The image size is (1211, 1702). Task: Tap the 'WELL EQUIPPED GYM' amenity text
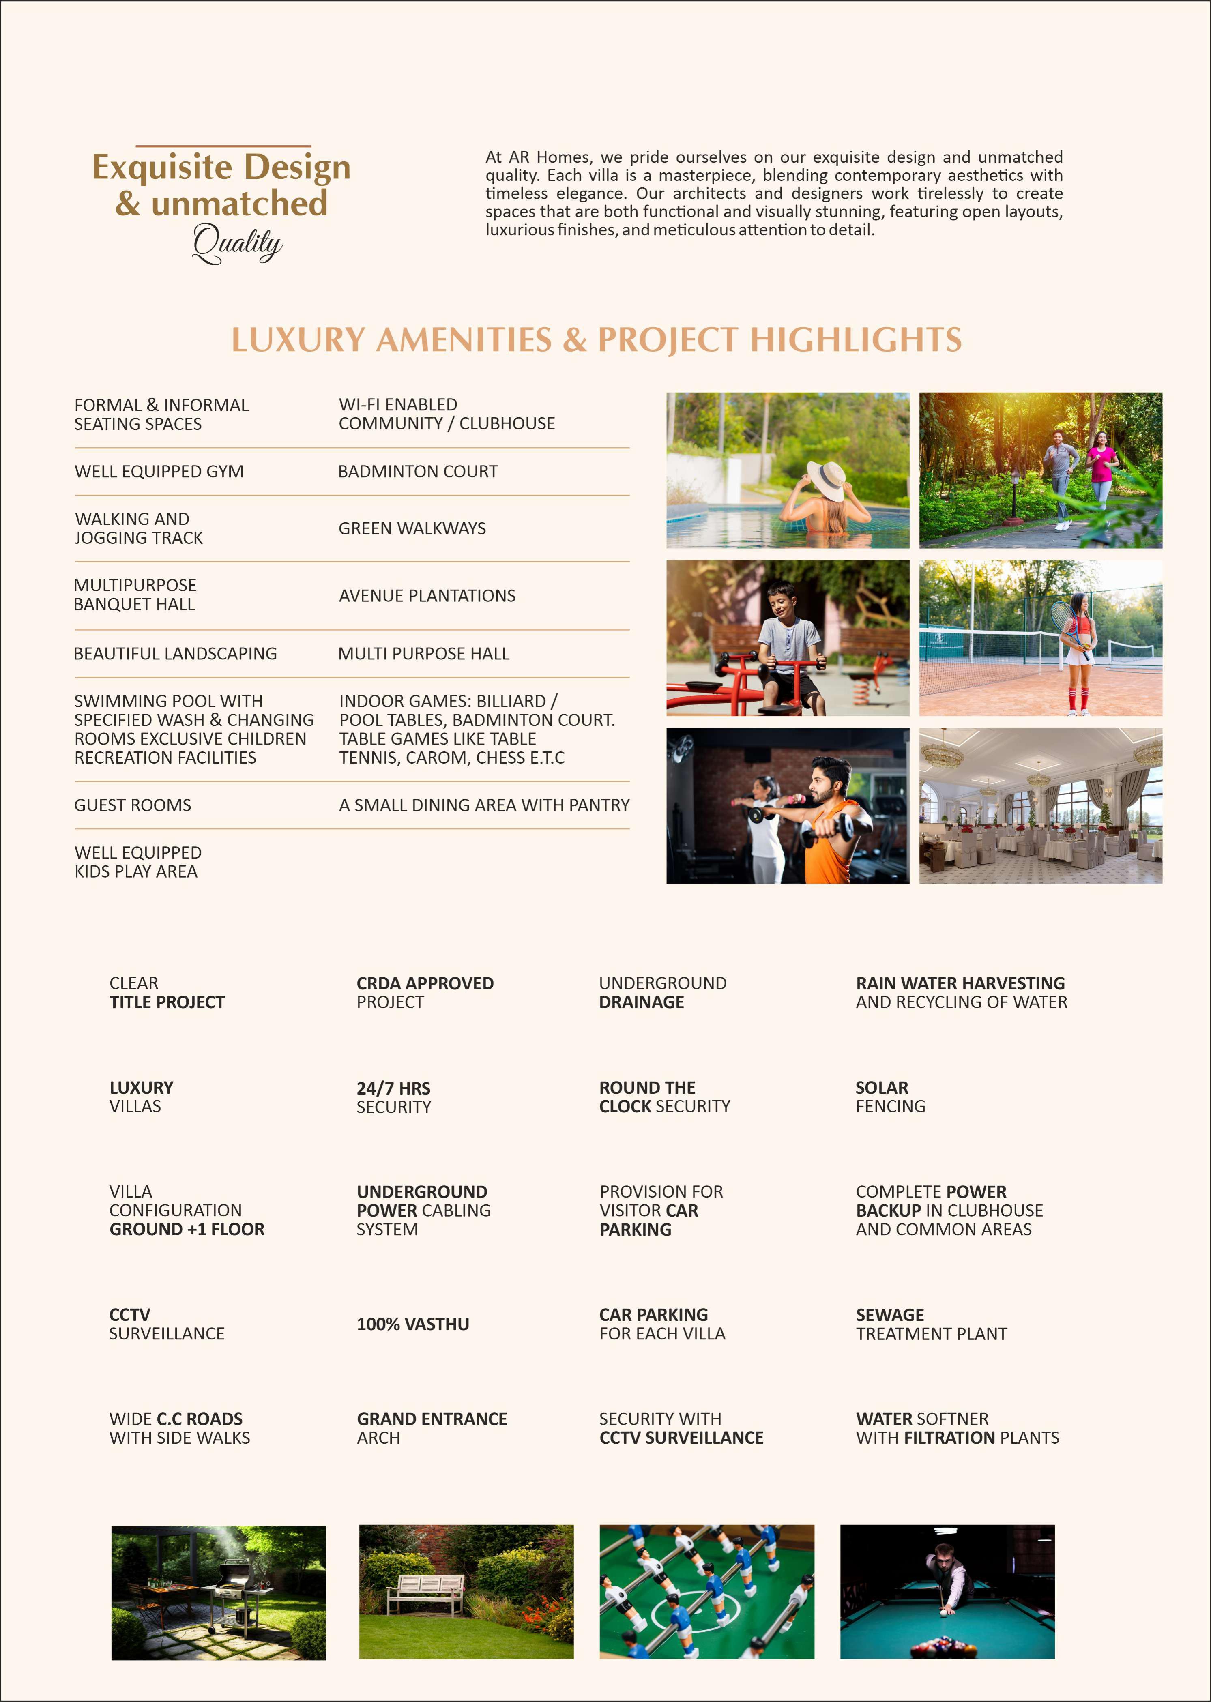pos(159,471)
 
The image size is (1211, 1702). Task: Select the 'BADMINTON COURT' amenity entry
pos(418,471)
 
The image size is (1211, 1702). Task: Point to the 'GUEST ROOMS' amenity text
pos(133,805)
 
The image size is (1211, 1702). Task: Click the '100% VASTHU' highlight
pos(413,1324)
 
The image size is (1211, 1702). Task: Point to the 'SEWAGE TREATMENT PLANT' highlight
pos(931,1324)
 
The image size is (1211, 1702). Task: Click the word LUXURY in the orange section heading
pos(298,340)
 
